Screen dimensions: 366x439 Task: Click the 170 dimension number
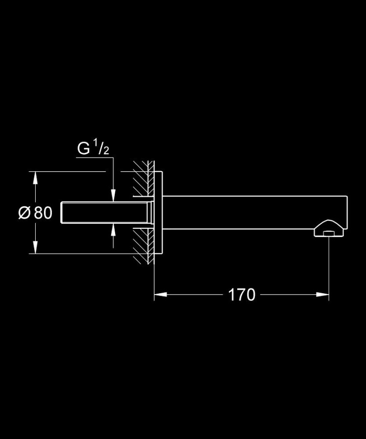242,295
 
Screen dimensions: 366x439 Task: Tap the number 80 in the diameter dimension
43,213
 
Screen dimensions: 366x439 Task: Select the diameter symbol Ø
24,213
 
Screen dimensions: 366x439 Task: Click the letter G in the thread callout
83,148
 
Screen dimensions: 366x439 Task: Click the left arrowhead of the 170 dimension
161,295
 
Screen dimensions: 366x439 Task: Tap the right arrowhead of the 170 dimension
322,295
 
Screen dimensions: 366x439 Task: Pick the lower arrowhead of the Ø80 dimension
35,247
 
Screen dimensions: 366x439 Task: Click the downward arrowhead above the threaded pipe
113,196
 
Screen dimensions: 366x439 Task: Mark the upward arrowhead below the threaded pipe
113,230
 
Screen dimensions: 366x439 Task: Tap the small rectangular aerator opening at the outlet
329,234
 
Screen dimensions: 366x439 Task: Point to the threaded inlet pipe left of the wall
107,213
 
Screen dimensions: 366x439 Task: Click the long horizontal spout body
255,213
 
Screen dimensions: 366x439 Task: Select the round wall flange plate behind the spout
159,213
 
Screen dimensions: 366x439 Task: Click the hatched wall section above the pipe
143,179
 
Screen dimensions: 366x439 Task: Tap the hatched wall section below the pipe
143,247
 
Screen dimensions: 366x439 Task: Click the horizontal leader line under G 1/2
95,158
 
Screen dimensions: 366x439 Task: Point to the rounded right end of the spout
346,213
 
